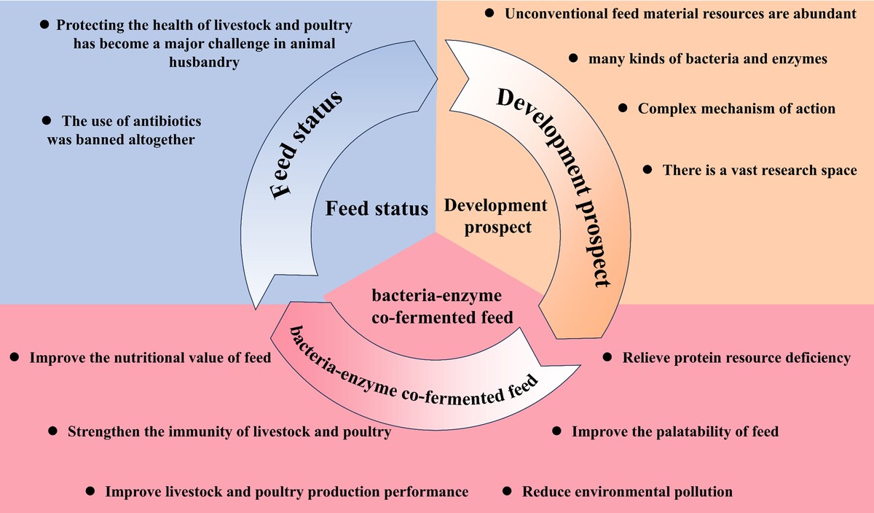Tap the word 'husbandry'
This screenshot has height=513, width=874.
click(204, 63)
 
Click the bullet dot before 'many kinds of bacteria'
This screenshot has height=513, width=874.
click(572, 58)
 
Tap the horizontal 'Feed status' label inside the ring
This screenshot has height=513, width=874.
click(377, 208)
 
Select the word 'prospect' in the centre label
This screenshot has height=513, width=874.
click(498, 227)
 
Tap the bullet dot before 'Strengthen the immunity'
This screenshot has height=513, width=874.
click(52, 431)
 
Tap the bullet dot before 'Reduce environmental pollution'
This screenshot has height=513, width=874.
click(506, 490)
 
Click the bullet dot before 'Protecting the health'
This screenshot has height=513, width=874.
click(44, 25)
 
